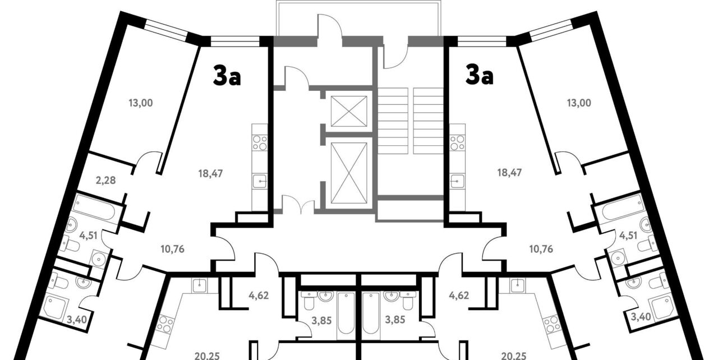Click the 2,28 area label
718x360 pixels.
coord(105,181)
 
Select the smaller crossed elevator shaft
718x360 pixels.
coord(349,112)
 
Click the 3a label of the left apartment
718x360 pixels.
coord(227,76)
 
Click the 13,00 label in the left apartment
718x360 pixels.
coord(141,103)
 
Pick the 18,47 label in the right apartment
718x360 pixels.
coord(509,173)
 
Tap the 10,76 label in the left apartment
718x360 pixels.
coord(172,249)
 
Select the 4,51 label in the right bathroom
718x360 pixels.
coord(628,236)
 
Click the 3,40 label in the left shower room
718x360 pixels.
coord(76,319)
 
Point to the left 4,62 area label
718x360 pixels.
coord(259,296)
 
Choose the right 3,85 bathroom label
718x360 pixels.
coord(395,320)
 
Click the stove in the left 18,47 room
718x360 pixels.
coord(260,143)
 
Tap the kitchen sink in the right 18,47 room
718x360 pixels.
coord(457,182)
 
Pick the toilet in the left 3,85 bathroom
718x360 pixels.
coord(309,301)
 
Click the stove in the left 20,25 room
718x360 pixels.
coord(166,325)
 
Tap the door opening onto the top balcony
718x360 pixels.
coord(330,26)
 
